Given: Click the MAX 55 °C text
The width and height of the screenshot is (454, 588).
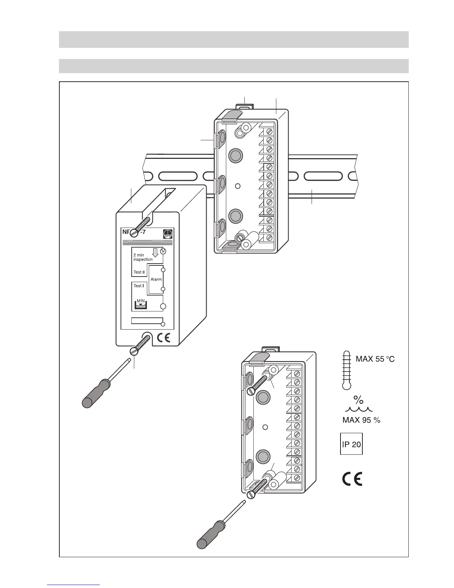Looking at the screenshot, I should point(375,359).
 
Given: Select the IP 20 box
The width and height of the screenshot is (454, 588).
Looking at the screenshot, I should point(351,444).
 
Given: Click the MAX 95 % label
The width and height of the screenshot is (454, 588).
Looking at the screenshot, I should point(361,420).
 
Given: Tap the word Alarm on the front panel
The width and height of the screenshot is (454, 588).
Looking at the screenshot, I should point(156,279).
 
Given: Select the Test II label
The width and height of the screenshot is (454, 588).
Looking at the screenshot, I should point(139,272).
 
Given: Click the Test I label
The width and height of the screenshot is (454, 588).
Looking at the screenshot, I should point(138,286).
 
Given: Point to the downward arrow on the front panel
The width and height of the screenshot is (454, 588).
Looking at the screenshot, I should point(155,252).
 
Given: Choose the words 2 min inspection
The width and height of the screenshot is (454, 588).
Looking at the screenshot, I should point(143,257).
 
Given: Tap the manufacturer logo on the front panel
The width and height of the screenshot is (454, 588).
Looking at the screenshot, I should point(168,234).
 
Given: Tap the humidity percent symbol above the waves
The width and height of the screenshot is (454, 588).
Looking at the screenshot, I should point(358,400).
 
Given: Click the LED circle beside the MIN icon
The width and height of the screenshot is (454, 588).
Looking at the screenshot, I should point(162,306).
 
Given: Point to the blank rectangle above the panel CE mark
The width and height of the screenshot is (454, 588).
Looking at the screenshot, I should point(147,321).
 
